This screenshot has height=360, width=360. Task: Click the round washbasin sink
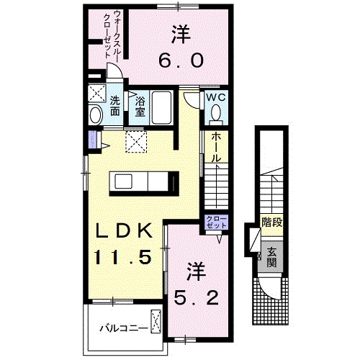95,116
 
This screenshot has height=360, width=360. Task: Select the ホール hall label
216,147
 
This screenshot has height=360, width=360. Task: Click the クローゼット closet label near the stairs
216,222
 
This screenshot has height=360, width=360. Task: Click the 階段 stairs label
271,222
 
